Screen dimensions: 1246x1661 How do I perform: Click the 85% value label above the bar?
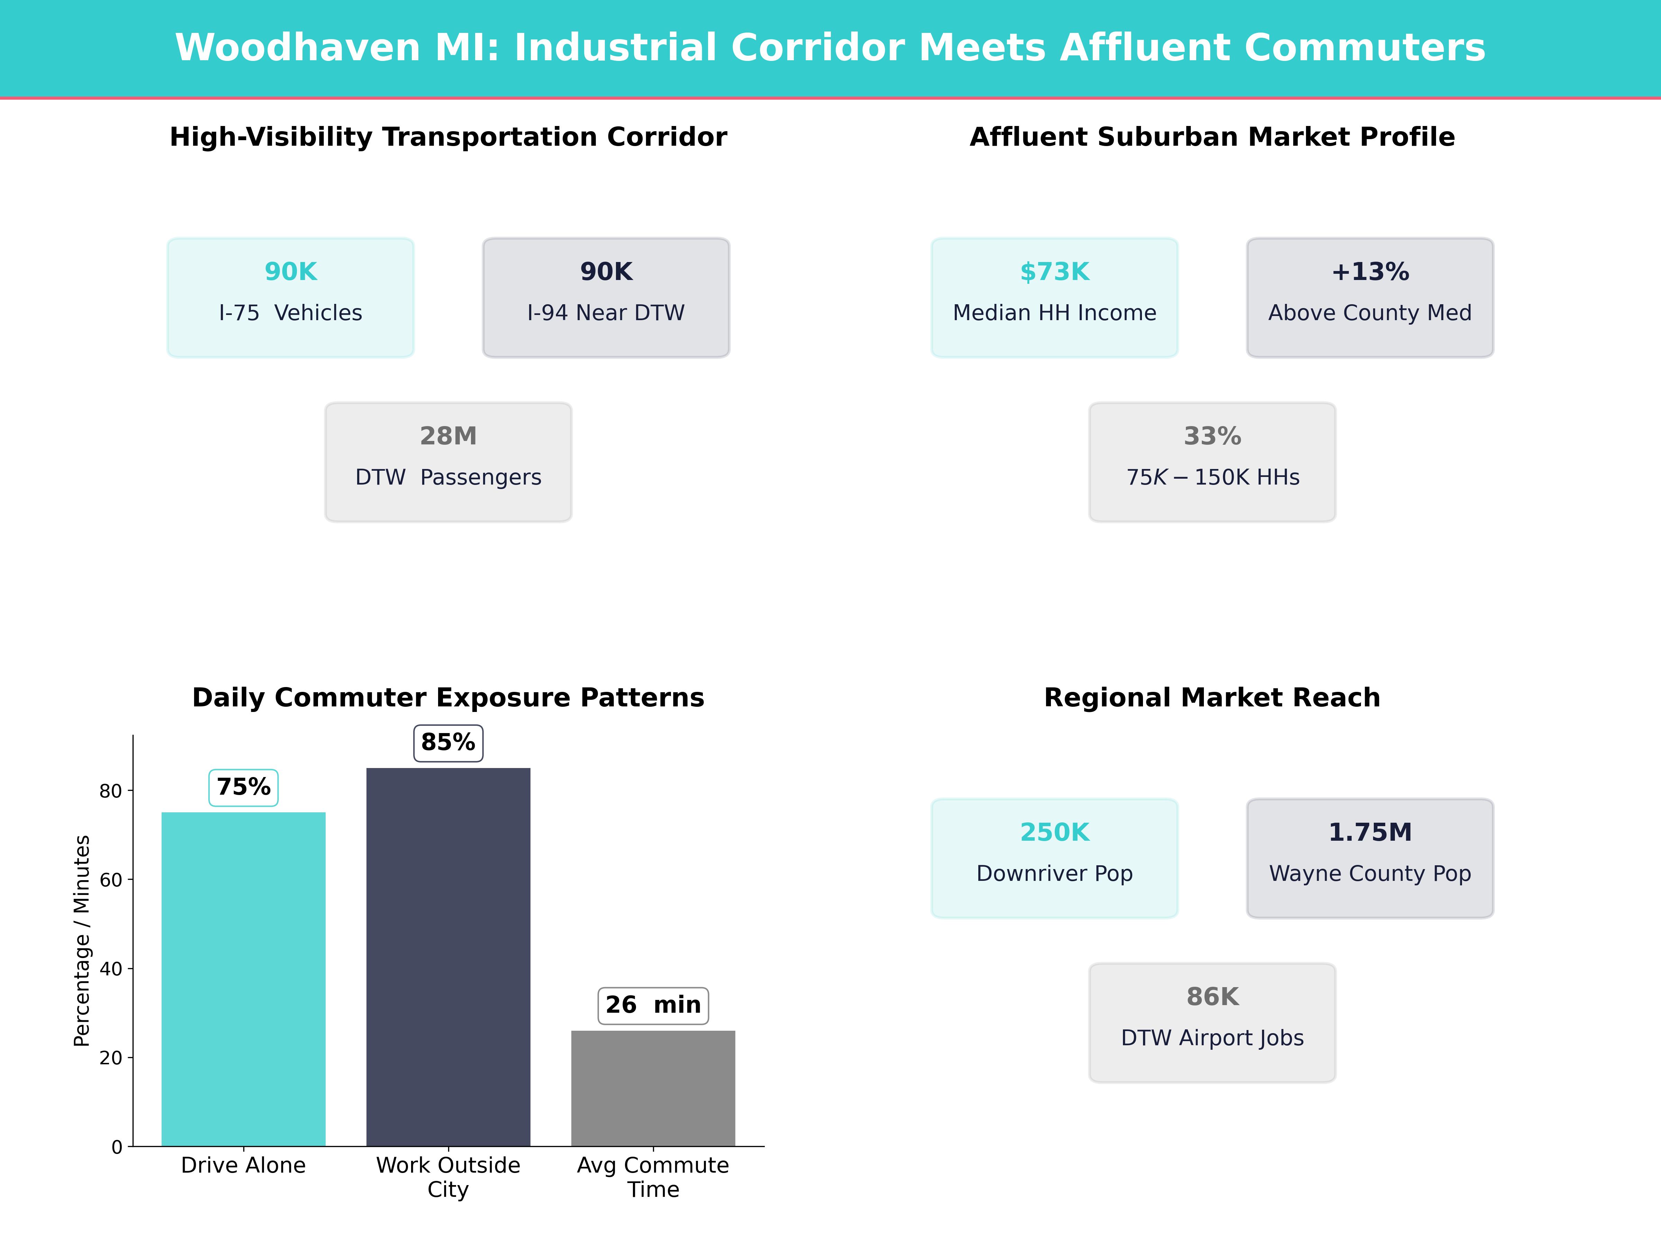(x=448, y=743)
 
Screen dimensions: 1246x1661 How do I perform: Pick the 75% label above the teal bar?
(x=243, y=787)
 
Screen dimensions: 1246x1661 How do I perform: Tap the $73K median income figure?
(x=1054, y=272)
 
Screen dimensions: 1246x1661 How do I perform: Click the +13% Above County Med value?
(x=1370, y=272)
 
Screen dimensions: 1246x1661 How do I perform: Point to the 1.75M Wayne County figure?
(x=1370, y=832)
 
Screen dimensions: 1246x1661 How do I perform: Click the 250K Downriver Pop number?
(x=1054, y=832)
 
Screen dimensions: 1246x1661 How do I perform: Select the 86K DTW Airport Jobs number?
(x=1212, y=997)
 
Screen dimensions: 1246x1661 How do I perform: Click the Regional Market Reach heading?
(x=1212, y=698)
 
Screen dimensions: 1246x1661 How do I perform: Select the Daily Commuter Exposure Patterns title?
(x=448, y=698)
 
